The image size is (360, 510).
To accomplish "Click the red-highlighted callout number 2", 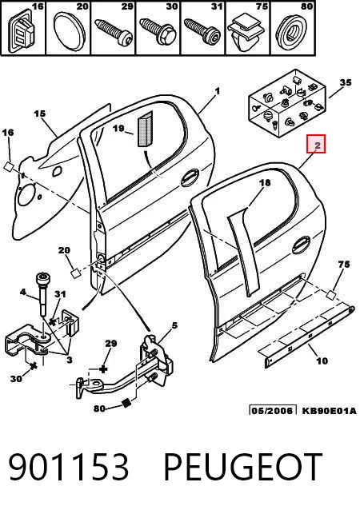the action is (316, 145).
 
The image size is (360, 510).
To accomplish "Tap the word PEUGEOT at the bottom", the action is (243, 467).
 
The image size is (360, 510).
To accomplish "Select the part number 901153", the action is (68, 467).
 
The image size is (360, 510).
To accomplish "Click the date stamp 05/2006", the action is (273, 410).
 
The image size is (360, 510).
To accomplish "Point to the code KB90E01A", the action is (330, 410).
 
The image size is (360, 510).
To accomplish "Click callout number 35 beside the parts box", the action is (345, 82).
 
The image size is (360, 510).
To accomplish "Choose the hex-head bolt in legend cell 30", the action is (158, 31).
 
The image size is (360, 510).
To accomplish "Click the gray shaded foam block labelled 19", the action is (145, 129).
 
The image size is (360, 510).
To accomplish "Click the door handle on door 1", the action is (190, 177).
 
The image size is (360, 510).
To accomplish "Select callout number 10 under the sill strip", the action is (322, 361).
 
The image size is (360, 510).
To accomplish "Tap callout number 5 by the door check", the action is (174, 325).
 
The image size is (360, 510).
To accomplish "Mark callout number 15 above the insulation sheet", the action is (40, 114).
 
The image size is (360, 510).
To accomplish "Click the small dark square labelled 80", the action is (126, 403).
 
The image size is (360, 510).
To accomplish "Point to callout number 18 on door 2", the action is (265, 182).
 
